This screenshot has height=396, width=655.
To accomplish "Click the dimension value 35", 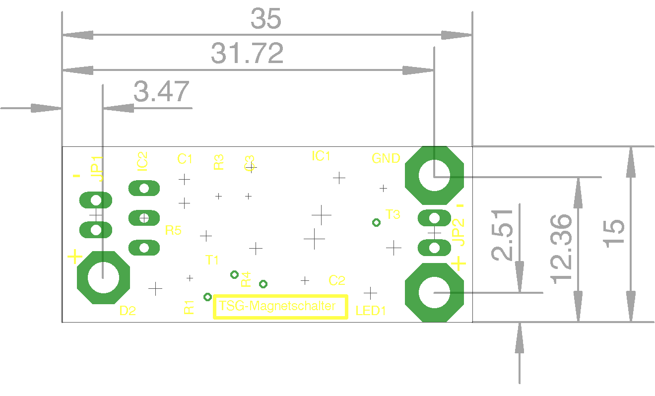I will click(x=266, y=19).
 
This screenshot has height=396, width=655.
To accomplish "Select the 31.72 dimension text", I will click(x=247, y=53).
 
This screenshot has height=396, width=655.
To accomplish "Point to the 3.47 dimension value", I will click(x=162, y=92).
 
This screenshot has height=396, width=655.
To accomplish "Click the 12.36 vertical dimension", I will click(x=562, y=249).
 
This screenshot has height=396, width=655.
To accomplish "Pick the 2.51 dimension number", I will click(x=503, y=235).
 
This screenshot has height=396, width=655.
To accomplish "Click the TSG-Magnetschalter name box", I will click(x=280, y=307).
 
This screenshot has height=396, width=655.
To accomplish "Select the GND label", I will click(x=386, y=158).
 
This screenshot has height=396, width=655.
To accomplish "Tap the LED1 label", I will click(x=371, y=311).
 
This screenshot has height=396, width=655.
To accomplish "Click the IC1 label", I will click(x=321, y=156).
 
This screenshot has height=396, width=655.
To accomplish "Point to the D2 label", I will click(x=128, y=311).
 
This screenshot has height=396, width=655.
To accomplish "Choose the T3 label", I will click(x=393, y=215).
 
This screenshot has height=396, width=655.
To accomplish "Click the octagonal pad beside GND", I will click(x=434, y=175).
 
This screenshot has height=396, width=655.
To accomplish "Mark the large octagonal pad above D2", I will click(x=103, y=277).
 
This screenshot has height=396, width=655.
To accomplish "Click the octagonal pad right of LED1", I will click(x=434, y=293).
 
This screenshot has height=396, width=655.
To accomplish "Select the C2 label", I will click(x=337, y=280).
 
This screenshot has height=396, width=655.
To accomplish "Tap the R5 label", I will click(x=173, y=230).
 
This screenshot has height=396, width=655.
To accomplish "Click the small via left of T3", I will click(x=376, y=223).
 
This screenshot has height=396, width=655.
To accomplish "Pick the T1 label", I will click(x=212, y=260).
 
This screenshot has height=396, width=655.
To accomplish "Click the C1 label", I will click(x=185, y=159).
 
